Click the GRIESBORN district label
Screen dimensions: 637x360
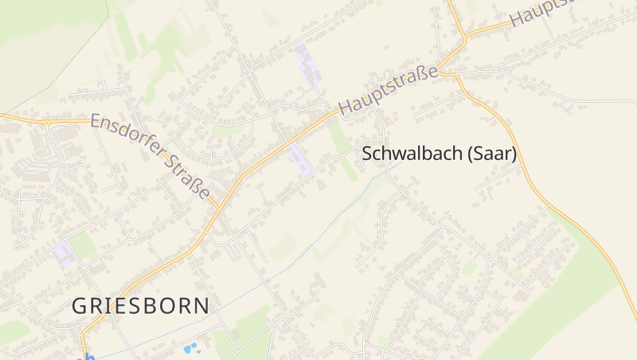tap(141, 305)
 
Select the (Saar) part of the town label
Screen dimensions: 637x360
tap(491, 154)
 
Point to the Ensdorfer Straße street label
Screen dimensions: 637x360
tap(150, 156)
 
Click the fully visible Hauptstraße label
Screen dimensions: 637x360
tap(388, 89)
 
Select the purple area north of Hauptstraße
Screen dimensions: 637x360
tap(308, 65)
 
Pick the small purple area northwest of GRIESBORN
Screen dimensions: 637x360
tap(64, 254)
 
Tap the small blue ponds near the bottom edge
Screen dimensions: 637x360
tap(191, 348)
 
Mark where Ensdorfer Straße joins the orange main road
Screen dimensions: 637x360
tap(217, 209)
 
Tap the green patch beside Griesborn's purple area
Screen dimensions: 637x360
tap(83, 245)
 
